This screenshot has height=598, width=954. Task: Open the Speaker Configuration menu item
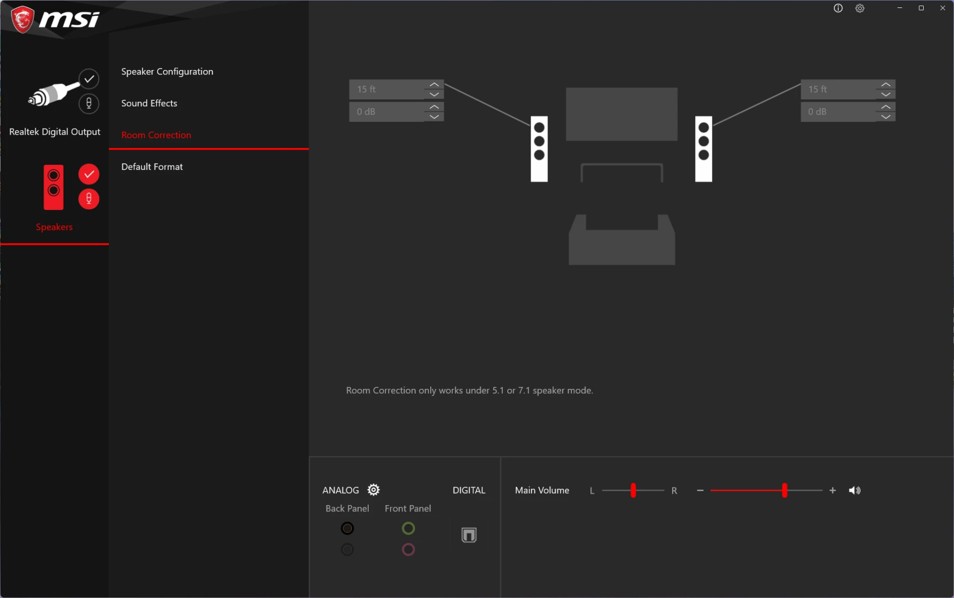tap(167, 72)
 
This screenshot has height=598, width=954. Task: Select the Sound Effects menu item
tap(149, 103)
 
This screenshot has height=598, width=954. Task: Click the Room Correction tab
tap(156, 135)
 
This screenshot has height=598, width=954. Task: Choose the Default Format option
tap(152, 167)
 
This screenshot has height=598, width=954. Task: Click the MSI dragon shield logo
tap(22, 20)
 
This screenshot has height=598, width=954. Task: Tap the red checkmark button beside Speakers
tap(89, 174)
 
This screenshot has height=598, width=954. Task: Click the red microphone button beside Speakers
tap(89, 199)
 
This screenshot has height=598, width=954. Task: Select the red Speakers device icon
tap(54, 187)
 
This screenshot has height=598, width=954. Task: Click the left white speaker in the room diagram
tap(539, 149)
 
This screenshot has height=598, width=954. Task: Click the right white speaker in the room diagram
tap(704, 149)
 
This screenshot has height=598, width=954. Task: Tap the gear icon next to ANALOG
tap(374, 490)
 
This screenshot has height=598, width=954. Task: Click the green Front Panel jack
tap(408, 528)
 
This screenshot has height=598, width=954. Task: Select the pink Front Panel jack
tap(408, 550)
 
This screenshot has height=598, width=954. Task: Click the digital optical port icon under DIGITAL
tap(469, 535)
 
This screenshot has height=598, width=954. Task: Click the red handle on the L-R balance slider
tap(633, 491)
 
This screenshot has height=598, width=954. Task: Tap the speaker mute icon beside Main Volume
tap(855, 491)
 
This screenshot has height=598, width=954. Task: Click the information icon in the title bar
tap(838, 8)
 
